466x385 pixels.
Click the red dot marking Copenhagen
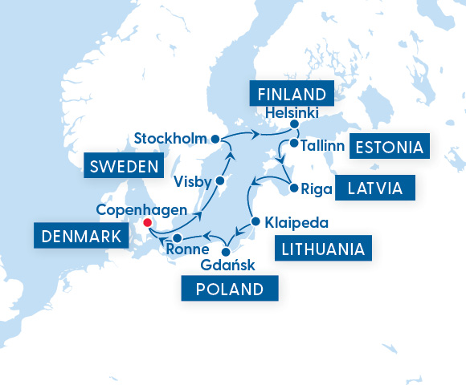pyautogui.click(x=146, y=223)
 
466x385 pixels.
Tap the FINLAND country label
pyautogui.click(x=292, y=91)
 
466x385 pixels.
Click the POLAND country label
pyautogui.click(x=230, y=290)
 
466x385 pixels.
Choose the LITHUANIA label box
pyautogui.click(x=324, y=249)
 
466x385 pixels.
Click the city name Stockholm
pyautogui.click(x=170, y=136)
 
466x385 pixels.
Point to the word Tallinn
pyautogui.click(x=324, y=146)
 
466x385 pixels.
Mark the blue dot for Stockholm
pyautogui.click(x=215, y=139)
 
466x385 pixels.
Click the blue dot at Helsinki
pyautogui.click(x=295, y=124)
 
